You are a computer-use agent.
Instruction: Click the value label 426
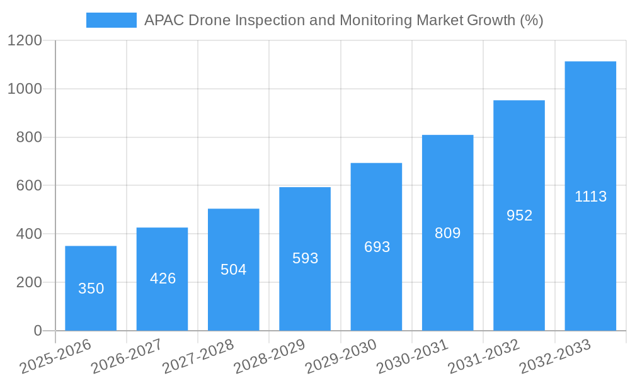pos(163,278)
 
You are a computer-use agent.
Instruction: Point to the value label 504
pos(234,270)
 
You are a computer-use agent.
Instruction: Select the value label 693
pos(377,247)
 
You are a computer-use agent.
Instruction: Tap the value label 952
pos(519,215)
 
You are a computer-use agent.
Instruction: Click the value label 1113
pos(590,197)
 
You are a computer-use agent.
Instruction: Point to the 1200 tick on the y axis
pos(25,41)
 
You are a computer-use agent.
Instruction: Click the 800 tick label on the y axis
pos(28,137)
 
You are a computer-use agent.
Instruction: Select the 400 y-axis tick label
pos(28,234)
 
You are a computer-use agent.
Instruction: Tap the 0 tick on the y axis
pos(37,331)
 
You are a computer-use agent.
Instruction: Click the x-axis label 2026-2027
pos(126,356)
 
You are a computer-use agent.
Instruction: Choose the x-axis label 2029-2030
pos(340,356)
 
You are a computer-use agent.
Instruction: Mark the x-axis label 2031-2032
pos(483,356)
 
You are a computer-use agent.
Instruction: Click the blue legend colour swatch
pos(111,20)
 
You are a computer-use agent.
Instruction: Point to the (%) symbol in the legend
pos(532,20)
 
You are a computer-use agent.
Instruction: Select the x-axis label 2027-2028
pos(198,356)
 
